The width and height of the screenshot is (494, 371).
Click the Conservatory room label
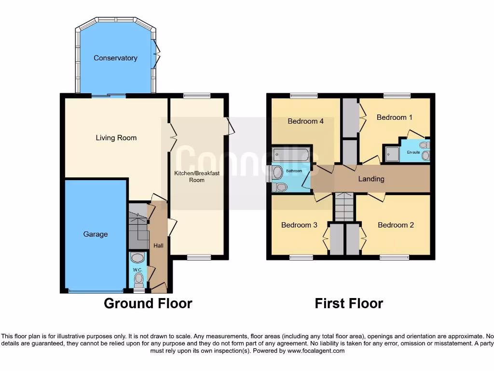coord(115,58)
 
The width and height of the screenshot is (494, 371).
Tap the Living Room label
coord(116,138)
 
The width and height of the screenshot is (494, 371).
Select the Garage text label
coord(96,234)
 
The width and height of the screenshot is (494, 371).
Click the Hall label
coord(158,246)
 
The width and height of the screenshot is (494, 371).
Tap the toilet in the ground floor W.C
coord(139,278)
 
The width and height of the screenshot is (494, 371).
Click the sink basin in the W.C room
coord(137,257)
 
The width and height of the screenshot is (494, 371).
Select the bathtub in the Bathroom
coord(290,155)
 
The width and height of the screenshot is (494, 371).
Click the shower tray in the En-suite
coord(392,154)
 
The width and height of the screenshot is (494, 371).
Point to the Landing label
coord(371,179)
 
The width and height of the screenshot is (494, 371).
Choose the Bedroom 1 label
coord(394,117)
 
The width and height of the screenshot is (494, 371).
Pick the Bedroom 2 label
coord(396,225)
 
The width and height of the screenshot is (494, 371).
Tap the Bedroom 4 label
coord(305,121)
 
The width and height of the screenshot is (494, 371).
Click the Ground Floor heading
coord(148,303)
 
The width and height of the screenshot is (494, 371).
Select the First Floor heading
coord(349,303)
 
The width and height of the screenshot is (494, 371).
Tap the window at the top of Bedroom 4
coord(304,96)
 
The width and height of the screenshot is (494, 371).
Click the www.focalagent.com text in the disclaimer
coord(316,351)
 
